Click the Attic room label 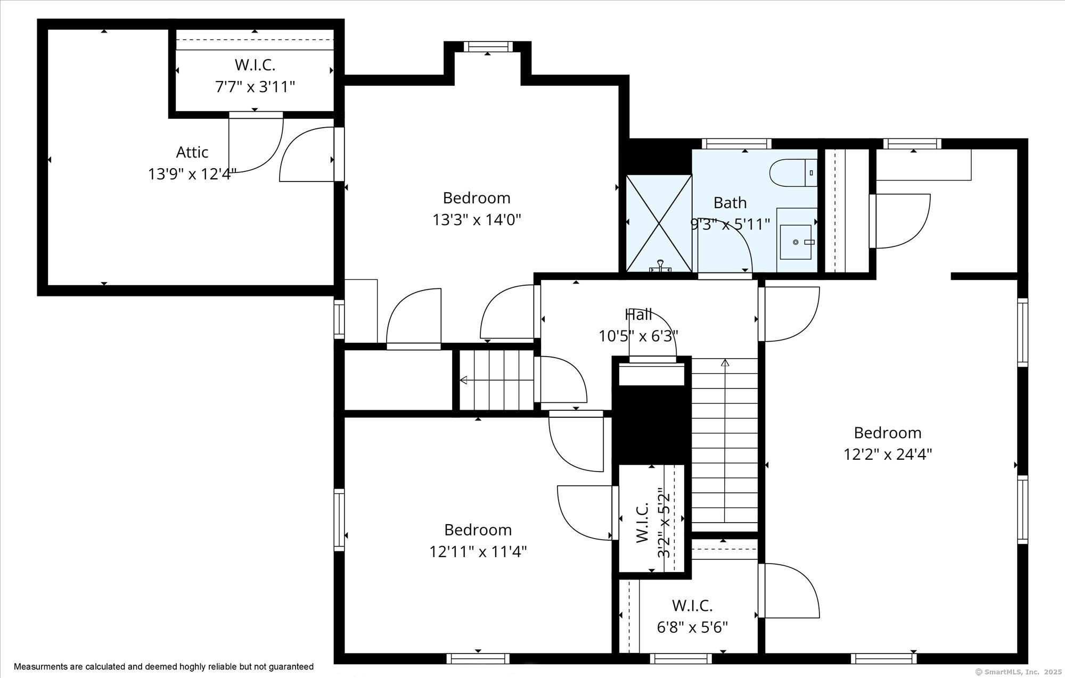click(x=192, y=152)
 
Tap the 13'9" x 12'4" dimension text click(x=192, y=174)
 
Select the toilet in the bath click(x=793, y=172)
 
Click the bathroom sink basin click(x=796, y=242)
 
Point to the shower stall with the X click(x=659, y=223)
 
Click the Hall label click(x=638, y=315)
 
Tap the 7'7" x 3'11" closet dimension click(x=255, y=87)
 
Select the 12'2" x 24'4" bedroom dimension click(x=888, y=454)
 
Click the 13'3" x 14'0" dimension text click(x=477, y=220)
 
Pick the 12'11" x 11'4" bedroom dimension click(x=478, y=552)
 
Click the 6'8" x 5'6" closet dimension click(x=692, y=627)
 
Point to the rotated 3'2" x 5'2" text click(x=663, y=523)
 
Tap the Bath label click(x=730, y=203)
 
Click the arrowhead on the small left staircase click(x=463, y=380)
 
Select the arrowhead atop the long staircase click(x=725, y=363)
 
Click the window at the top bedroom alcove click(x=488, y=47)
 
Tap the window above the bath click(x=736, y=144)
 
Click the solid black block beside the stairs click(x=651, y=425)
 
